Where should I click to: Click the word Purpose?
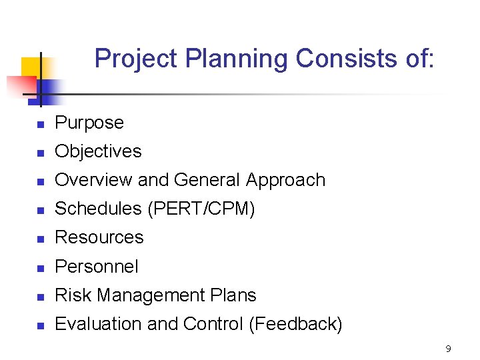pyautogui.click(x=89, y=123)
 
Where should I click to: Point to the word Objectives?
pyautogui.click(x=98, y=151)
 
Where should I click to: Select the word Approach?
pyautogui.click(x=285, y=180)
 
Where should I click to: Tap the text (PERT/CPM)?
pyautogui.click(x=201, y=209)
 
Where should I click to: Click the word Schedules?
pyautogui.click(x=99, y=209)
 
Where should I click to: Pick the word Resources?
pyautogui.click(x=99, y=237)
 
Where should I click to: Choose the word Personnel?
pyautogui.click(x=97, y=267)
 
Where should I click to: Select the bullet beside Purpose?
pyautogui.click(x=40, y=125)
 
